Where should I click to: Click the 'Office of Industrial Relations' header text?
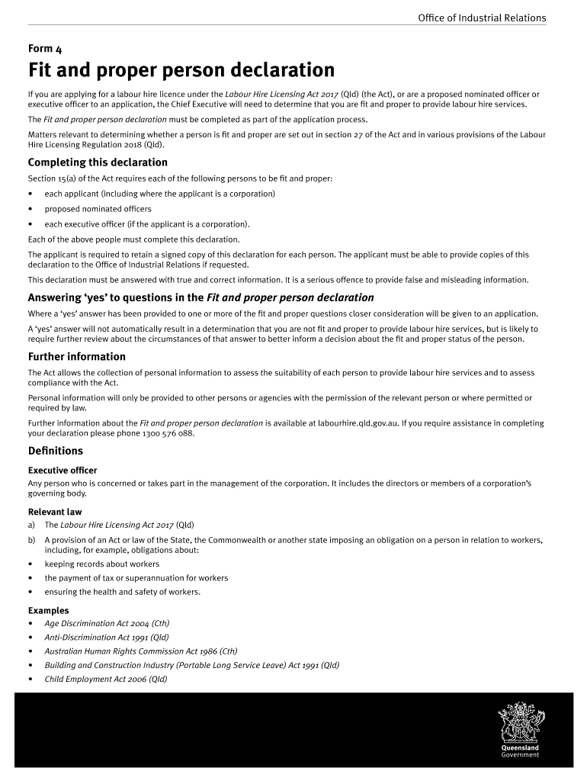(482, 18)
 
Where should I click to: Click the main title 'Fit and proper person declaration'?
(181, 71)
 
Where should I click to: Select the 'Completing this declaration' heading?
(98, 162)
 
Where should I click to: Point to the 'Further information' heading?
(77, 357)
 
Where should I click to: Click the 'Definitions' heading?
(56, 451)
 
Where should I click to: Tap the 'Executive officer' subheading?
(63, 471)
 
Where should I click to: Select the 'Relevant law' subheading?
(55, 512)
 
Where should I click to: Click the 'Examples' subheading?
(49, 610)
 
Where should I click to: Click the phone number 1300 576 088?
(168, 433)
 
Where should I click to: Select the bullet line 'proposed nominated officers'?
(98, 208)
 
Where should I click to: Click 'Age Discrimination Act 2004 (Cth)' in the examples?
(107, 623)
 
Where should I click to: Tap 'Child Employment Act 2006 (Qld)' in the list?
(105, 679)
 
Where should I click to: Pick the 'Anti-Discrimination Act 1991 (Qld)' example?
(107, 637)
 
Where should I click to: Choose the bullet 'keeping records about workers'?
(102, 564)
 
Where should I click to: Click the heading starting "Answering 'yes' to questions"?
(200, 297)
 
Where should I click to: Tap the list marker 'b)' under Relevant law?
(32, 540)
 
